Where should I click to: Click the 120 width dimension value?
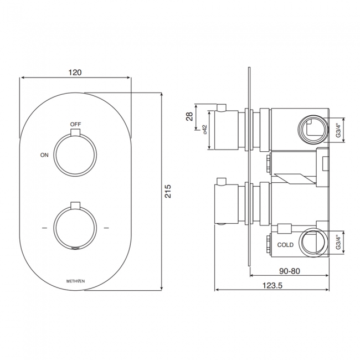[x=76, y=73]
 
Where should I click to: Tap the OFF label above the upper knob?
[x=76, y=124]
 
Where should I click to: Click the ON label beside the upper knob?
[x=45, y=155]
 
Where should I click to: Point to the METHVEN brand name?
[x=76, y=281]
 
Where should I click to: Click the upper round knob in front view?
[x=76, y=155]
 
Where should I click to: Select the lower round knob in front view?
[x=76, y=228]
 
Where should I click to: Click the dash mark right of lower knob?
[x=107, y=228]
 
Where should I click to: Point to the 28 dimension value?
[x=189, y=116]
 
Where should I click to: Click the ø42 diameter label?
[x=204, y=131]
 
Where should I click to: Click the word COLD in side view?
[x=286, y=244]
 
